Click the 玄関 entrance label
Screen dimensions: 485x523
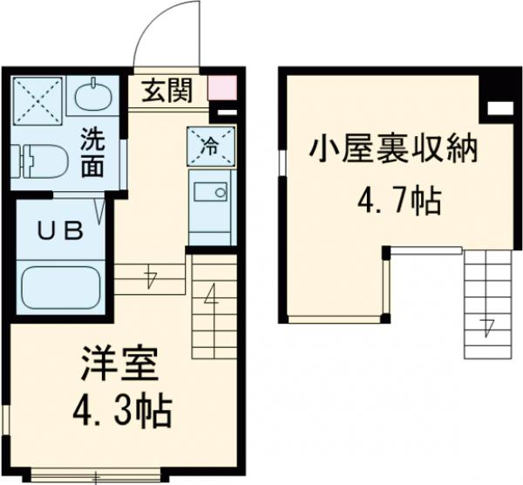coord(167,90)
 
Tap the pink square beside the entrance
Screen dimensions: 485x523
coord(221,88)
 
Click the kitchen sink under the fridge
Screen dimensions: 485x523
coord(209,194)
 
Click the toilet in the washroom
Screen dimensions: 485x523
coord(38,161)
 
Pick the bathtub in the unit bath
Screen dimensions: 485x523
coord(59,286)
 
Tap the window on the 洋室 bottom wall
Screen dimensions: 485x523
coord(97,476)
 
